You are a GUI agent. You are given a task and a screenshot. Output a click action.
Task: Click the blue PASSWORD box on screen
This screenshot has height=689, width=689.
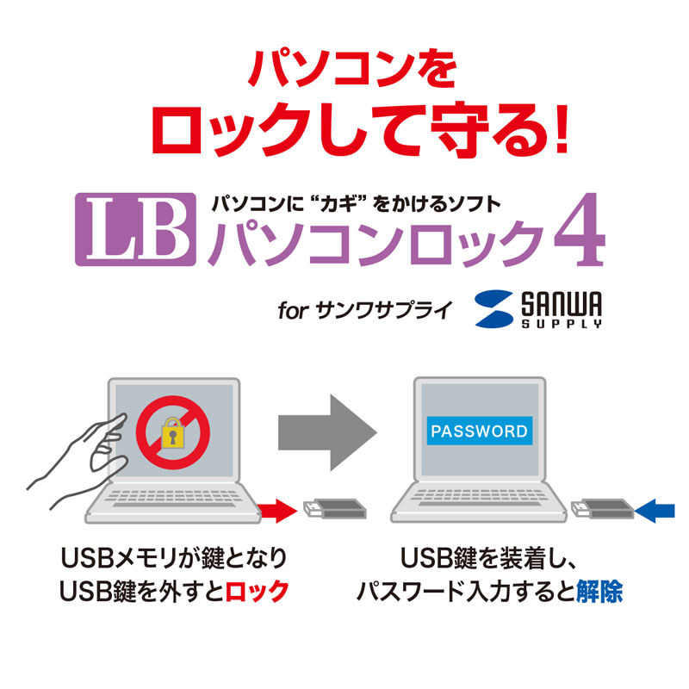480,431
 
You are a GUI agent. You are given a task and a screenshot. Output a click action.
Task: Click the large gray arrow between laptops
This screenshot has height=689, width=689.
327,431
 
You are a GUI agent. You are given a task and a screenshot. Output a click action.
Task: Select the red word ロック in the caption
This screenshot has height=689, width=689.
256,593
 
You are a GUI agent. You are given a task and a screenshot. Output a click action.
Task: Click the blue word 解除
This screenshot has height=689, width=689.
602,593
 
